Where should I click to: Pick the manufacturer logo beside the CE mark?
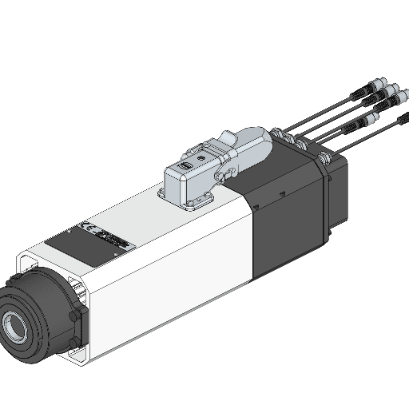tap(111, 237)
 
